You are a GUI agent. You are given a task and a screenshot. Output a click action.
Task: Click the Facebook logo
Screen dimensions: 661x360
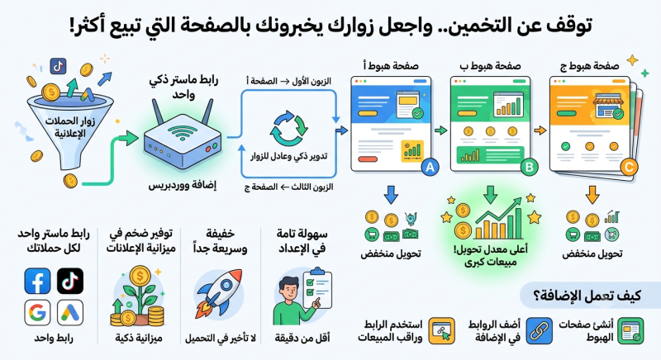point(37,281)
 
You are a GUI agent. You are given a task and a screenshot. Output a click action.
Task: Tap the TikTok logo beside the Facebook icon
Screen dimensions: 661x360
point(70,281)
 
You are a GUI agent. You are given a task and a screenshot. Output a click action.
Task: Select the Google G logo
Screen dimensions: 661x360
point(37,312)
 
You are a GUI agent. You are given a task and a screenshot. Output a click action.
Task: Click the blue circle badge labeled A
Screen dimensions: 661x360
point(430,167)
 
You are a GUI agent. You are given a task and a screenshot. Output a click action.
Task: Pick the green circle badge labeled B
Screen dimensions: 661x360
point(529,167)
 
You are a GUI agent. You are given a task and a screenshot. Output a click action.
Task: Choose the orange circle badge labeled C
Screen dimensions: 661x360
point(629,167)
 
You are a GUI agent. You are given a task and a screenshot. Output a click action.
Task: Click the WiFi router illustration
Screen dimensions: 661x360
point(182,135)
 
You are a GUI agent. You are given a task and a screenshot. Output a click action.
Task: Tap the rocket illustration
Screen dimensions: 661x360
point(218,293)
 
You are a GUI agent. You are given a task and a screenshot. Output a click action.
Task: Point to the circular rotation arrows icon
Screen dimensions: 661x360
point(289,128)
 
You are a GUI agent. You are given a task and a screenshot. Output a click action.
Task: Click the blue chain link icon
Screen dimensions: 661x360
point(539,331)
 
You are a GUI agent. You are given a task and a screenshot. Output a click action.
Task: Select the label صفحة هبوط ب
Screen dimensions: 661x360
point(490,66)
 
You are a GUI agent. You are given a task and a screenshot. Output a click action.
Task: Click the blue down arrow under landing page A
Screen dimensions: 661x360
point(391,195)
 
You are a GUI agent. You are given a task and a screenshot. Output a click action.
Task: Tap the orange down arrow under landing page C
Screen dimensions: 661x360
point(592,195)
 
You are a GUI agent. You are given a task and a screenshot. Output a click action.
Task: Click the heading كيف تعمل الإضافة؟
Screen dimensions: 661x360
point(587,295)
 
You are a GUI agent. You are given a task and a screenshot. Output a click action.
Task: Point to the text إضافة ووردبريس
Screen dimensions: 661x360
point(182,185)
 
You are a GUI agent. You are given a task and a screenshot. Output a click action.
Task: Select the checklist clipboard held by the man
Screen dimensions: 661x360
point(317,288)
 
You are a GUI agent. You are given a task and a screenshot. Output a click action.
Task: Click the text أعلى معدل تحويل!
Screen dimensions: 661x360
point(491,249)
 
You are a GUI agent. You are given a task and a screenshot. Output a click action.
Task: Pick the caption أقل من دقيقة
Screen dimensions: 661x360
point(302,338)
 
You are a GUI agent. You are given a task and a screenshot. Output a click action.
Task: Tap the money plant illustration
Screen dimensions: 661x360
point(138,296)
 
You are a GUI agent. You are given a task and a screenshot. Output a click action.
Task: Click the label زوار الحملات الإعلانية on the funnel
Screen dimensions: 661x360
point(70,128)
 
